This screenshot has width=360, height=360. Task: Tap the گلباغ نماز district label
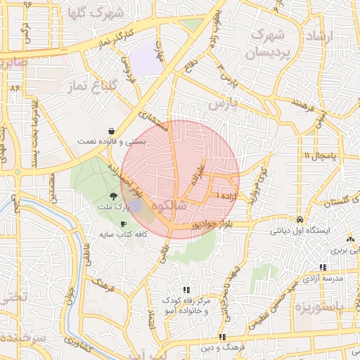click(x=88, y=86)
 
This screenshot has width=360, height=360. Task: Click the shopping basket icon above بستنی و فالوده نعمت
click(x=112, y=131)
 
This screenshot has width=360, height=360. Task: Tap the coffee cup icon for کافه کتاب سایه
click(x=124, y=224)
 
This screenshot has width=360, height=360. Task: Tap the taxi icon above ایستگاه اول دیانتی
click(x=300, y=219)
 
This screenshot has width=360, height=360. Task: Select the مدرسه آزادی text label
click(x=322, y=278)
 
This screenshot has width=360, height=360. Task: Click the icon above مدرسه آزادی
click(x=323, y=267)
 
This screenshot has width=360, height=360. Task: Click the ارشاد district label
click(x=324, y=34)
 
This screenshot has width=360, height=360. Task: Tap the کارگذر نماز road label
click(x=105, y=43)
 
